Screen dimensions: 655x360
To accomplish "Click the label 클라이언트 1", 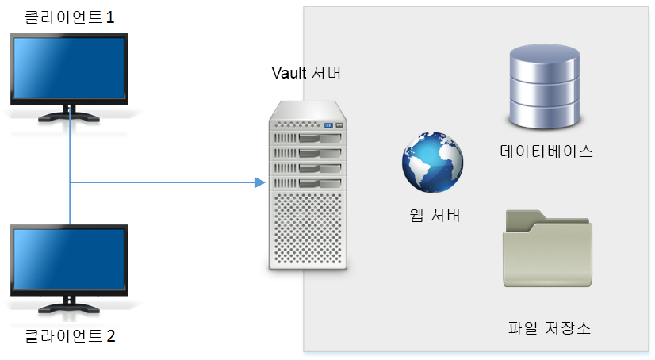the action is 69,17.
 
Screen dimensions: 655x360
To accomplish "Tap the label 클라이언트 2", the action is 70,335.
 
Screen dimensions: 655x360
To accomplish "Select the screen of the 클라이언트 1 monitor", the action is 69,68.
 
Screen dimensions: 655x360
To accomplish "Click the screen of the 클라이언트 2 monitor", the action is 69,259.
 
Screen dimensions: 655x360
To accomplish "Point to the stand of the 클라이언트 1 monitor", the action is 69,114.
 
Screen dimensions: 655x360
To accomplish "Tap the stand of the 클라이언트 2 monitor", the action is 69,305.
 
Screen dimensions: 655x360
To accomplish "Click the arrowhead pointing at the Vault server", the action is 260,182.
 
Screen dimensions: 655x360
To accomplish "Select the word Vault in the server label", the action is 289,73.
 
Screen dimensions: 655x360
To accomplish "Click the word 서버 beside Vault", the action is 327,73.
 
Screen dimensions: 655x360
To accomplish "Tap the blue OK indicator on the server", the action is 329,125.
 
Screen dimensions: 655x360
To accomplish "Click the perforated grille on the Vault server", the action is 308,228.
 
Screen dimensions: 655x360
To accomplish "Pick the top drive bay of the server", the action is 308,138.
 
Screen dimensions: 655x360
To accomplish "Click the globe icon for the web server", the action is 432,163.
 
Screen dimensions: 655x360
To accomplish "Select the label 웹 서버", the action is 435,216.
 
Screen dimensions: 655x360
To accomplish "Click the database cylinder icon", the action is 544,86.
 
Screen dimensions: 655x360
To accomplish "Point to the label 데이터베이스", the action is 546,151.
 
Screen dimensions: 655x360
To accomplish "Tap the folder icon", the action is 548,248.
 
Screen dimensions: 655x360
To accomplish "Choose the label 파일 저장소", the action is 550,327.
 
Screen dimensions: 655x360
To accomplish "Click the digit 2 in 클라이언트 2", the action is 111,336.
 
